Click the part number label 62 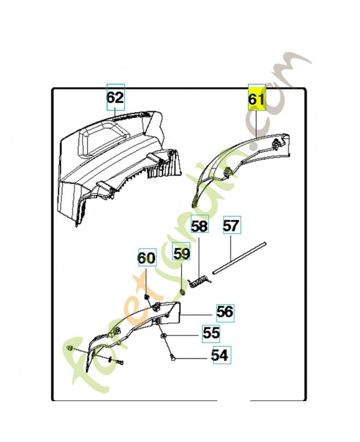(115, 98)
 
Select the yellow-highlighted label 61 (257, 100)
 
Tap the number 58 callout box (199, 227)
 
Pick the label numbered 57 (231, 227)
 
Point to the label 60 (146, 258)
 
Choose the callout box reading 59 (182, 254)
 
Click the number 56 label (224, 312)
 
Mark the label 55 (210, 333)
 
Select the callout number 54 (220, 355)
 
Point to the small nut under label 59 (182, 291)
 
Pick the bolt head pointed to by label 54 (174, 358)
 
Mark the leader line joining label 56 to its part (199, 315)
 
